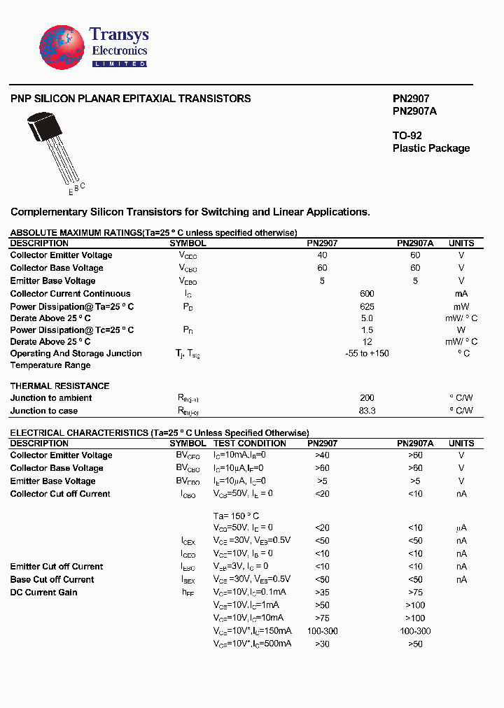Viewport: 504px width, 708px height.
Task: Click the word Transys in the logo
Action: click(119, 35)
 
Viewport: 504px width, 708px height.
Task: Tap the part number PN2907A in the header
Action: click(414, 111)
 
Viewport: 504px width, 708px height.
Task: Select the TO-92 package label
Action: click(407, 135)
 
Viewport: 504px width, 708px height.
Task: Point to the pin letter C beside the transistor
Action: click(83, 185)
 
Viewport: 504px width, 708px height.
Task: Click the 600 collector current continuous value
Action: click(367, 294)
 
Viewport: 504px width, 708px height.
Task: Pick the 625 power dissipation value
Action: click(367, 307)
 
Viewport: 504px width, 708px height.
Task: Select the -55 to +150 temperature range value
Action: click(367, 353)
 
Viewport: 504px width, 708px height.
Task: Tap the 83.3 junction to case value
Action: click(367, 411)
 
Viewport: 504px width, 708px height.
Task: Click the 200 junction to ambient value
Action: click(367, 398)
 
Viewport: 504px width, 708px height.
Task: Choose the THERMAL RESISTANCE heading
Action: click(59, 385)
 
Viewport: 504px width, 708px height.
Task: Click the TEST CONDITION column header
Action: click(250, 443)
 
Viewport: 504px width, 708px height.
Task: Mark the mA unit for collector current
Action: click(461, 294)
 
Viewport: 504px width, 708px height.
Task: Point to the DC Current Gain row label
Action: click(43, 593)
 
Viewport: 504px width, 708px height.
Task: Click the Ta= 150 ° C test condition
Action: click(236, 516)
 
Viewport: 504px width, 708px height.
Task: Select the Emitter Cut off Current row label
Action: click(56, 567)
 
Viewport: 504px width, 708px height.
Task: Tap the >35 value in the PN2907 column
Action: click(322, 593)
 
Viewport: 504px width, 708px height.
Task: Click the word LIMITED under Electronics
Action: click(120, 64)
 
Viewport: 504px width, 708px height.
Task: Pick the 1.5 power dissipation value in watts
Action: click(367, 330)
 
